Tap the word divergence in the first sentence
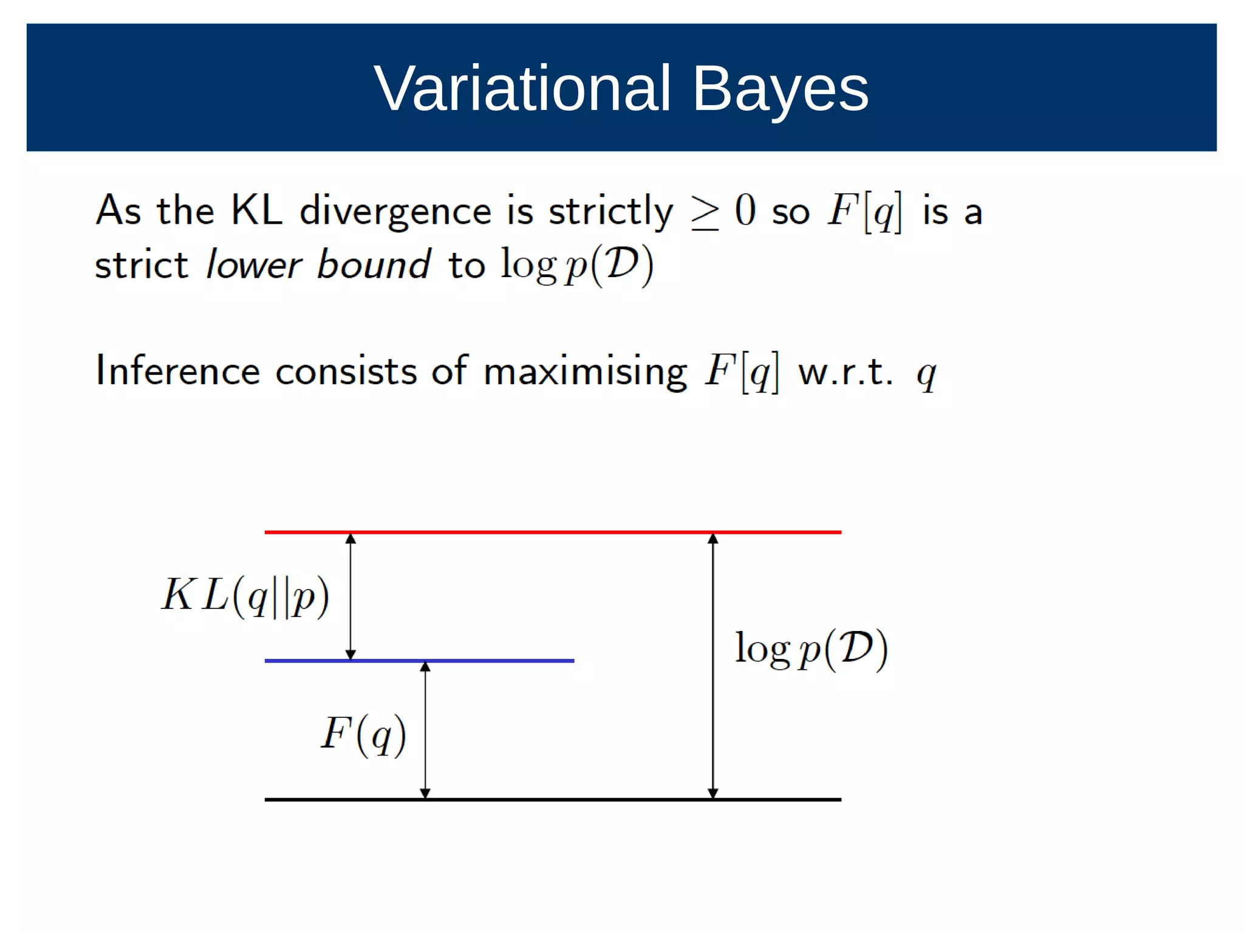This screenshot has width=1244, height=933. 395,212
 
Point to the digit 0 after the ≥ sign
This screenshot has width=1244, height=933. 745,210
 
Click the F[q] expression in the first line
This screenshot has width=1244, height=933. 865,212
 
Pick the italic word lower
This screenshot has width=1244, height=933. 253,265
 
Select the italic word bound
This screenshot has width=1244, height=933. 374,265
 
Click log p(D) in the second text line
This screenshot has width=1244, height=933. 577,265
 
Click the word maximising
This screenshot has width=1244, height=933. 585,372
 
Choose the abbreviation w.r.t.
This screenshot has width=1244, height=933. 845,372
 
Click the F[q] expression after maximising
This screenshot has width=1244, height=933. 742,372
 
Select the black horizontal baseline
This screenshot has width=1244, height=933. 553,800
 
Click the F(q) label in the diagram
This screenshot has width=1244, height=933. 363,734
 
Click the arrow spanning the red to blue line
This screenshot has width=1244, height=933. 350,596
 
